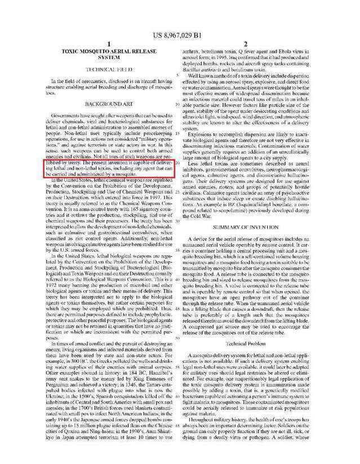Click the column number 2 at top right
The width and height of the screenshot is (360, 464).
click(x=254, y=44)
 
